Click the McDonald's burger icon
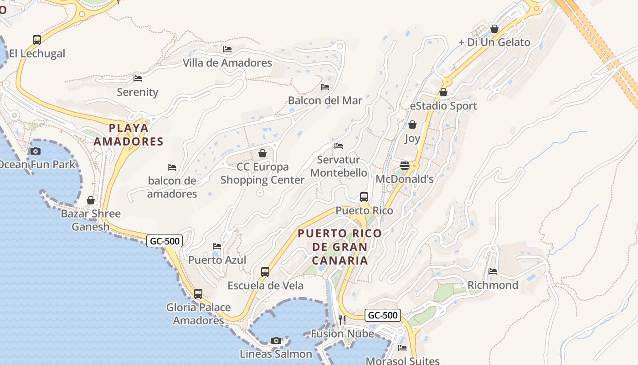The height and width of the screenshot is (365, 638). coord(404,165)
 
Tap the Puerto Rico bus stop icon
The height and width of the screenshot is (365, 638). coord(364,197)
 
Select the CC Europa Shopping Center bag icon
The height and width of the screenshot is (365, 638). coord(262,153)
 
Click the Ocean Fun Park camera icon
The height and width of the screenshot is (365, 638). coord(36,151)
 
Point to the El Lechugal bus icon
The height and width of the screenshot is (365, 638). coord(37,40)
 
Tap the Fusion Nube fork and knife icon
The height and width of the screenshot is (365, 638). coord(342,320)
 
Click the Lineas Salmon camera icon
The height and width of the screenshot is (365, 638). coord(276,340)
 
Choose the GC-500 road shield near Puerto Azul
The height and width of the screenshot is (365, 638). coord(165,241)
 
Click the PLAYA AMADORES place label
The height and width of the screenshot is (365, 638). coord(129,135)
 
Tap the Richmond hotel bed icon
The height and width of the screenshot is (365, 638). coord(493,271)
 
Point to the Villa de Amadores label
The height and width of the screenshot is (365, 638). coord(227,63)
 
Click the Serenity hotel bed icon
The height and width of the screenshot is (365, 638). coord(138,78)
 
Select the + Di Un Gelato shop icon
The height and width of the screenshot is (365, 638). coord(494,29)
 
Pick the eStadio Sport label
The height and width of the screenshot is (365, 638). coord(443,106)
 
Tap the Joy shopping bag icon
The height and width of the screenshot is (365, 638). coord(412,125)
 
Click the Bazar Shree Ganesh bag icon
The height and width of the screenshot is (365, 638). coord(91,200)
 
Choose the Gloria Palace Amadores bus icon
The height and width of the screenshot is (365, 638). coord(198,293)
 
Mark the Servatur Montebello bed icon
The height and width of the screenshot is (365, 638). coord(339,146)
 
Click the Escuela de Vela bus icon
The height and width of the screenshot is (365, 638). coord(265,272)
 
